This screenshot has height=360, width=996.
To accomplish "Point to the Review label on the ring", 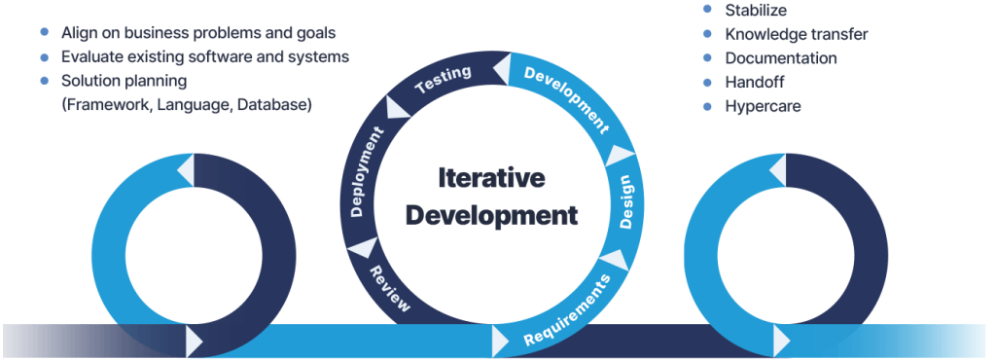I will (389, 287).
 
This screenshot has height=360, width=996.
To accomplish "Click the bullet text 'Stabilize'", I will (757, 11).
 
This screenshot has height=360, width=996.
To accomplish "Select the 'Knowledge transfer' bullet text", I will (796, 34).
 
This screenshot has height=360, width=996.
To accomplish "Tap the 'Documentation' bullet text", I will (781, 58).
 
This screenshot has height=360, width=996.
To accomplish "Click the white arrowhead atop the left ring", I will (186, 171).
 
